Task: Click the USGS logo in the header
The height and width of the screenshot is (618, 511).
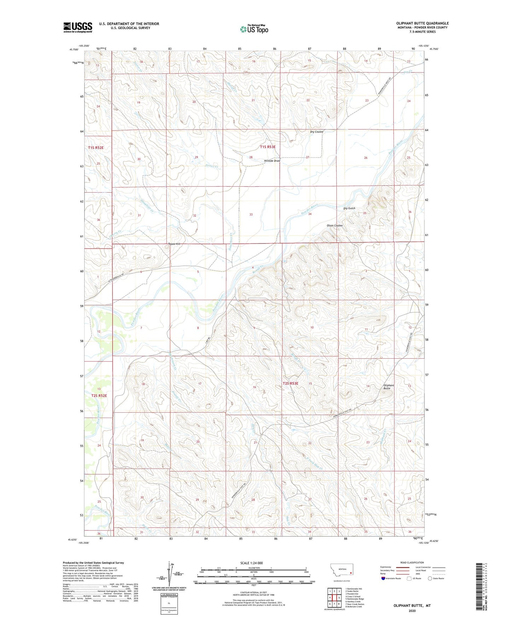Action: [x=78, y=27]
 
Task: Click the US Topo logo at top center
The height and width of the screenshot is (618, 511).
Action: [x=254, y=29]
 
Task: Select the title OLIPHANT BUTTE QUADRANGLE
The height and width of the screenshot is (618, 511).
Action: [x=422, y=23]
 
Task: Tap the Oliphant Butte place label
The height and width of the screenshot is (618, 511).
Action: [x=389, y=387]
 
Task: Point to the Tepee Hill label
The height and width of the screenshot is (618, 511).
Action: [x=174, y=244]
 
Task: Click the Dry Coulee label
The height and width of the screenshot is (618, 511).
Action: [x=317, y=132]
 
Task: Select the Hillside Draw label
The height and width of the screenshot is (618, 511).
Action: [x=272, y=161]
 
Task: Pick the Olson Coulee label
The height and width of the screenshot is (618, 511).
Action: [x=334, y=225]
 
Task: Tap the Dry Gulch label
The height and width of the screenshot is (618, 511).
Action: [x=349, y=208]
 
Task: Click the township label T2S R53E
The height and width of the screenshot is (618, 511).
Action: [x=290, y=383]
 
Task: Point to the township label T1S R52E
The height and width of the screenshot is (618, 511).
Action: [x=96, y=147]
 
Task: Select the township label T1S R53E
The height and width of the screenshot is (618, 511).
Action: [x=268, y=147]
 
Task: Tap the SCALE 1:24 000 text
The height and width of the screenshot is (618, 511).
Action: [x=251, y=563]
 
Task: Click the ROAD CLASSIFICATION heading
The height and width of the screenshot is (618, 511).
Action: [x=412, y=562]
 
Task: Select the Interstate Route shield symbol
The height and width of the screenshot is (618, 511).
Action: [x=384, y=578]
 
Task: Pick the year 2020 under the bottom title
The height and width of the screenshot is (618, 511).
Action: [x=412, y=611]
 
